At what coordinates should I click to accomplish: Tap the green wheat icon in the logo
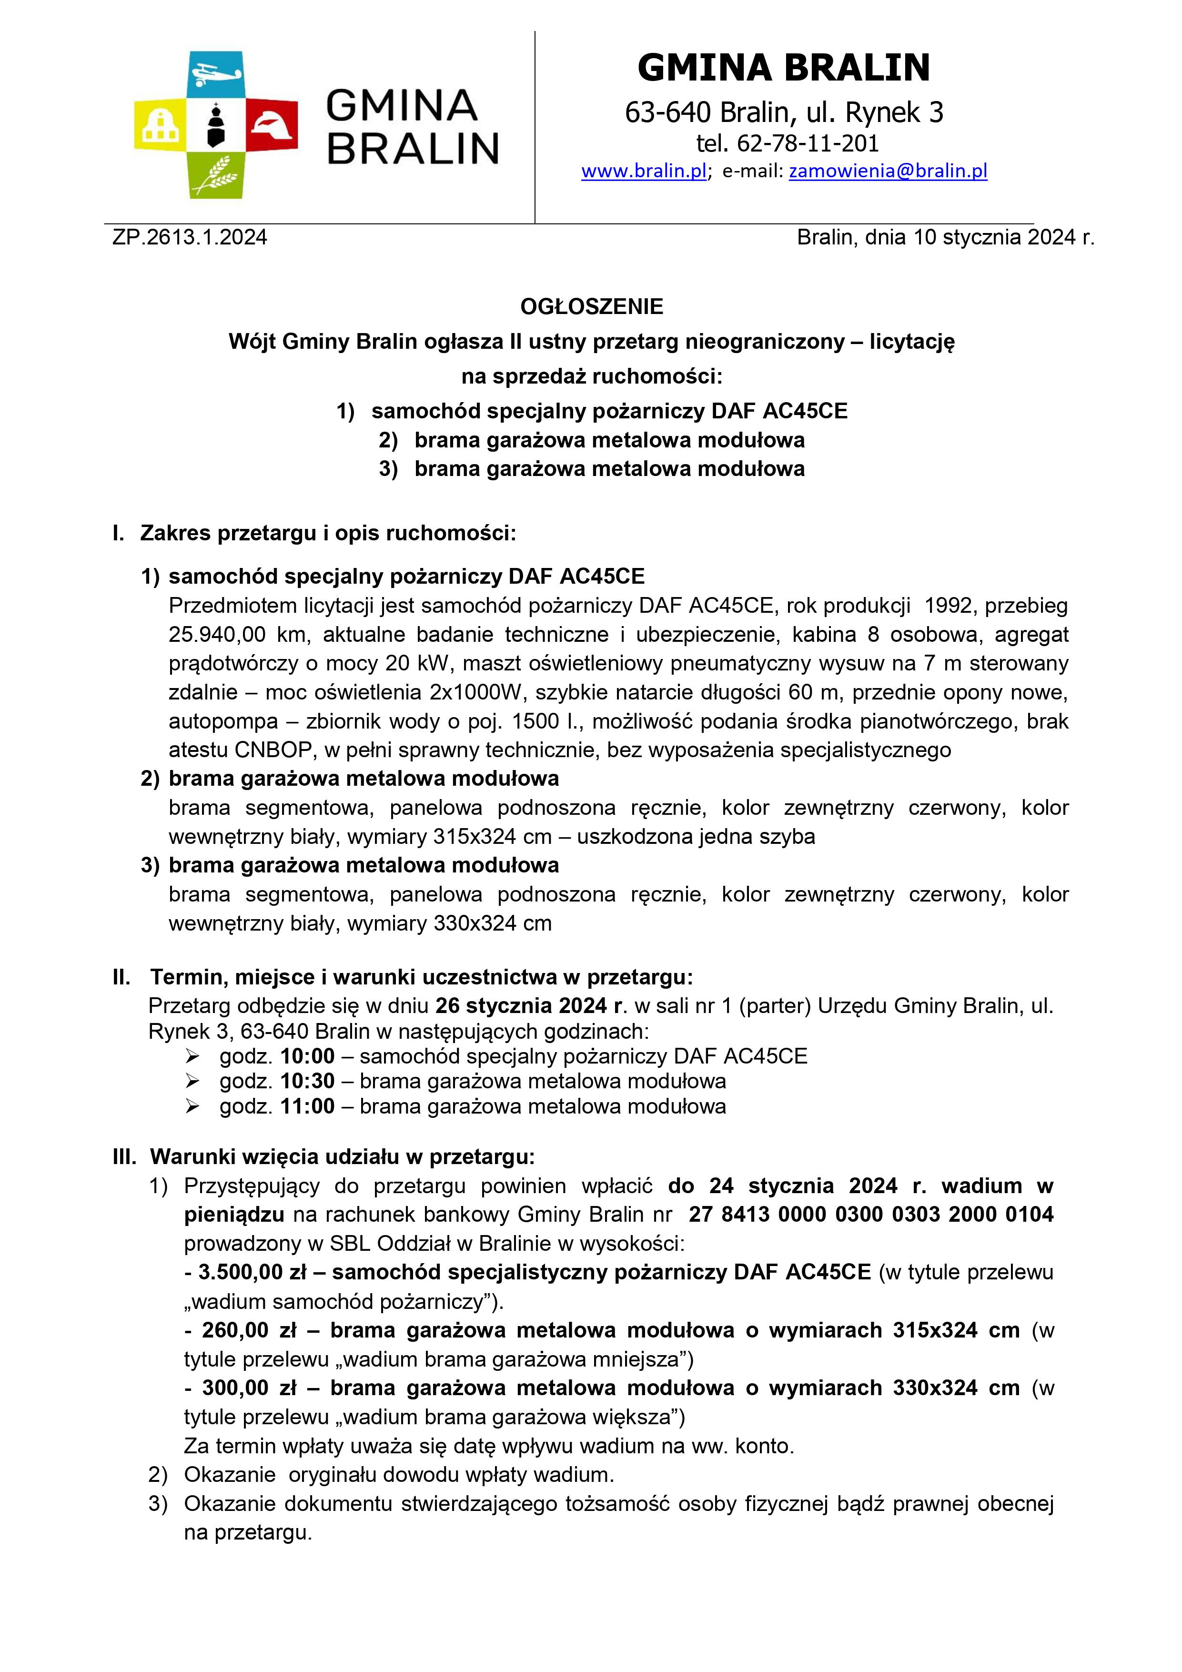(x=215, y=177)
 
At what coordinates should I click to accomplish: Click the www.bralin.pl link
(x=644, y=171)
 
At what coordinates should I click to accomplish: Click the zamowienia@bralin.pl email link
(x=888, y=171)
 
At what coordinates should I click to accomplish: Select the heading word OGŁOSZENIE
(x=591, y=306)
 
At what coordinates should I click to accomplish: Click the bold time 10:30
(x=307, y=1081)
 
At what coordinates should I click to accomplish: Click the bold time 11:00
(x=307, y=1106)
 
